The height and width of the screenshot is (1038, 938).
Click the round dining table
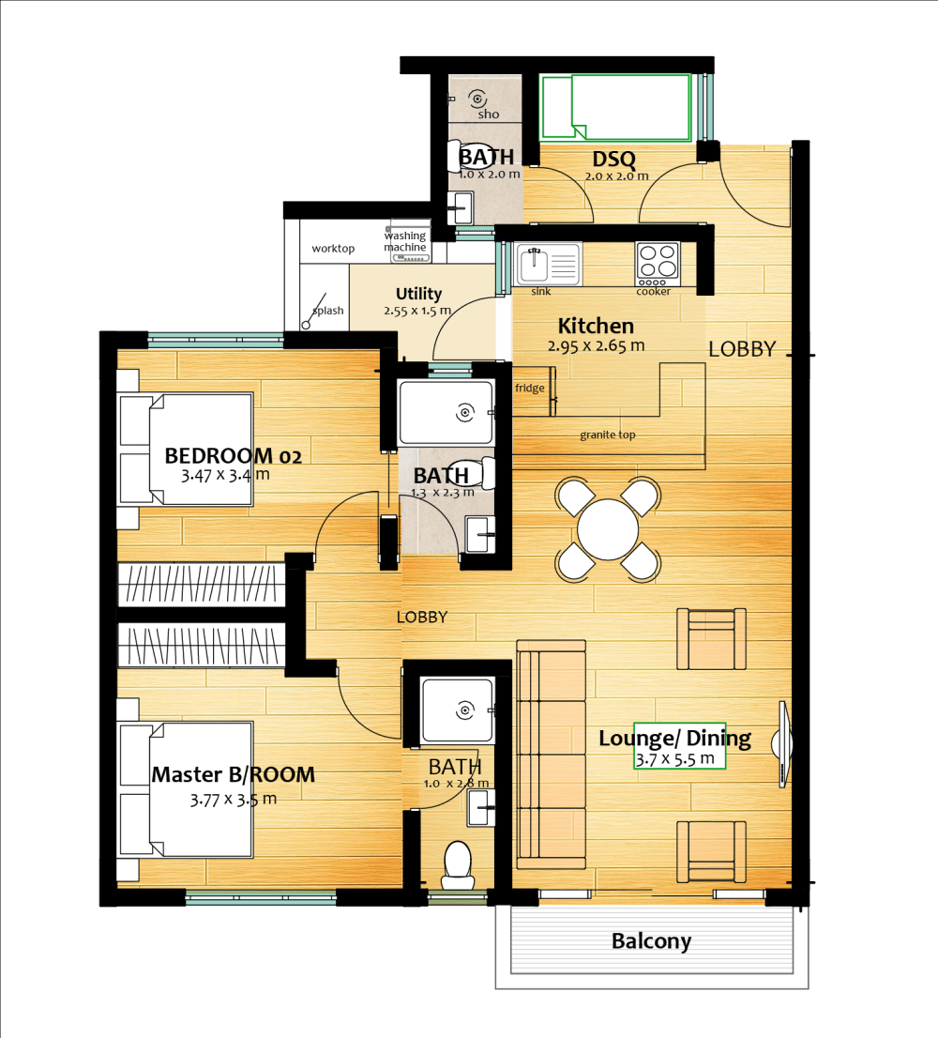[x=608, y=529]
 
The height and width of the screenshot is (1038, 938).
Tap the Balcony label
[x=651, y=940]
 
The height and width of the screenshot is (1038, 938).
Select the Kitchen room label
[x=596, y=327]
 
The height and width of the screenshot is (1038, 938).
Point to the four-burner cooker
[x=657, y=264]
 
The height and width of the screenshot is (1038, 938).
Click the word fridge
[x=529, y=388]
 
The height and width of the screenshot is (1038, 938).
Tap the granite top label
[x=608, y=435]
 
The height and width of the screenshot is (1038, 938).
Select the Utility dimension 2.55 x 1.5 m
[x=417, y=311]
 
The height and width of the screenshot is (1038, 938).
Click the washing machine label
[x=405, y=241]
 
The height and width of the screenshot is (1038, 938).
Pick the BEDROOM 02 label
[x=233, y=456]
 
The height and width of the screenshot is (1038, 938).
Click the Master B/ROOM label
[x=233, y=775]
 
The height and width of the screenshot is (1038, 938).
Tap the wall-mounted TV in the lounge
[x=781, y=742]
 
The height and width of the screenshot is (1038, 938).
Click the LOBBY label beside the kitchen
[x=742, y=349]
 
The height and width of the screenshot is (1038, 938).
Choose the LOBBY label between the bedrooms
[x=421, y=618]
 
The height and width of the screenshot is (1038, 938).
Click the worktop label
[x=333, y=249]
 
